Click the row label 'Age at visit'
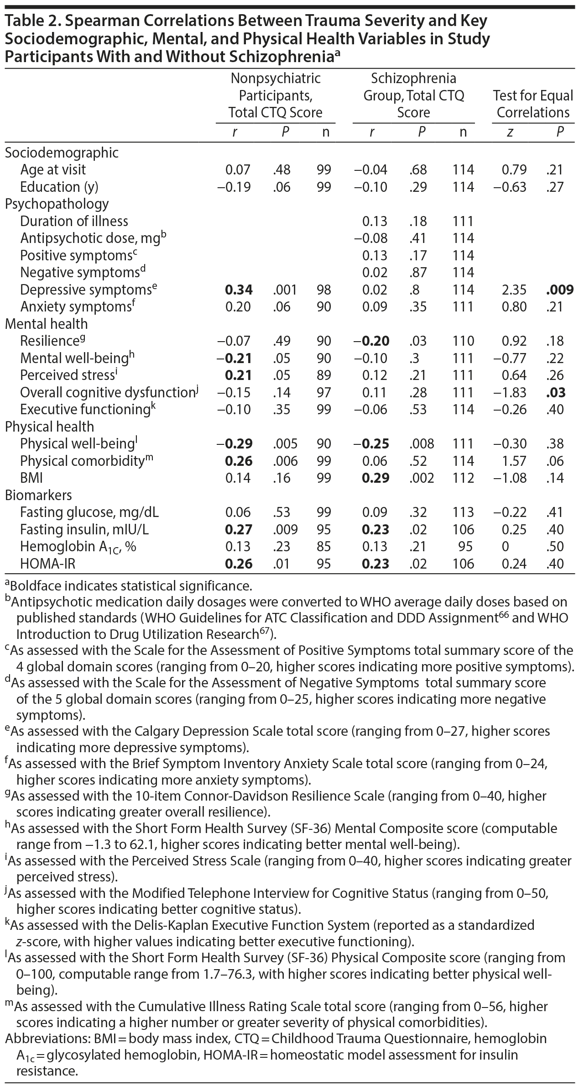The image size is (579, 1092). coord(53,170)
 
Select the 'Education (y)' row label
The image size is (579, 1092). coord(59,187)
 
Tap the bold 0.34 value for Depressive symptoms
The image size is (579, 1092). coord(238,290)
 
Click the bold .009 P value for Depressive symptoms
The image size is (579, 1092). coord(559,290)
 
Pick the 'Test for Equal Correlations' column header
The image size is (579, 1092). coord(533,104)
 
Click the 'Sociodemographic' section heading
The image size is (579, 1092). coord(62,153)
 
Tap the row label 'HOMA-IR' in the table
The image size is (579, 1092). coord(47,564)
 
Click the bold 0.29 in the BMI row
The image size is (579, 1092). coord(376,478)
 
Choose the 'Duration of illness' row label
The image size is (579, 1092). coord(74,222)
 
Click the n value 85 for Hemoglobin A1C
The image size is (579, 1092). coord(324,547)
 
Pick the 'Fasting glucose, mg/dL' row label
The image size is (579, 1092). coord(89,512)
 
